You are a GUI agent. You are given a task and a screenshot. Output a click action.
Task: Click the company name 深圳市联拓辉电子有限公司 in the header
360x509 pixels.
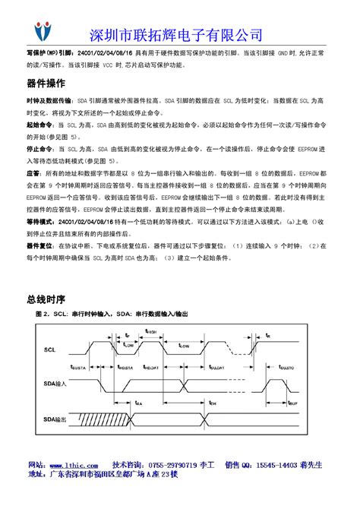tap(176, 34)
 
